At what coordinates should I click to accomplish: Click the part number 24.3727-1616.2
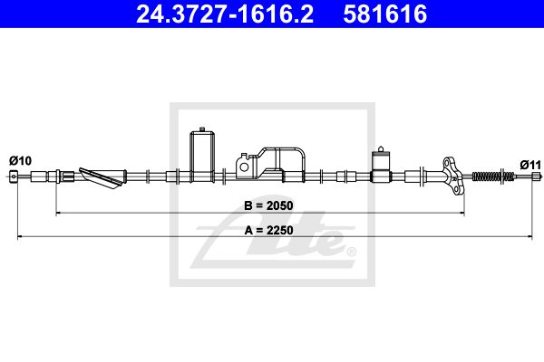click(225, 14)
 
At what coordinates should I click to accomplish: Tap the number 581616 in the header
click(384, 14)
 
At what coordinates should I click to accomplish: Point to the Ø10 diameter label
click(20, 161)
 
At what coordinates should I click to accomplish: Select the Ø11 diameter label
click(530, 165)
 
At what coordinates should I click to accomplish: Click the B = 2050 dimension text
click(268, 205)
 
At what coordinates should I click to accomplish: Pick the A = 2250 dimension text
click(268, 230)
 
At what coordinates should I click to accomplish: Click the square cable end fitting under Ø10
click(14, 176)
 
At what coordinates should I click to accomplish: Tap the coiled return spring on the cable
click(493, 176)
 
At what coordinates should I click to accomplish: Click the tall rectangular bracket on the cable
click(202, 155)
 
